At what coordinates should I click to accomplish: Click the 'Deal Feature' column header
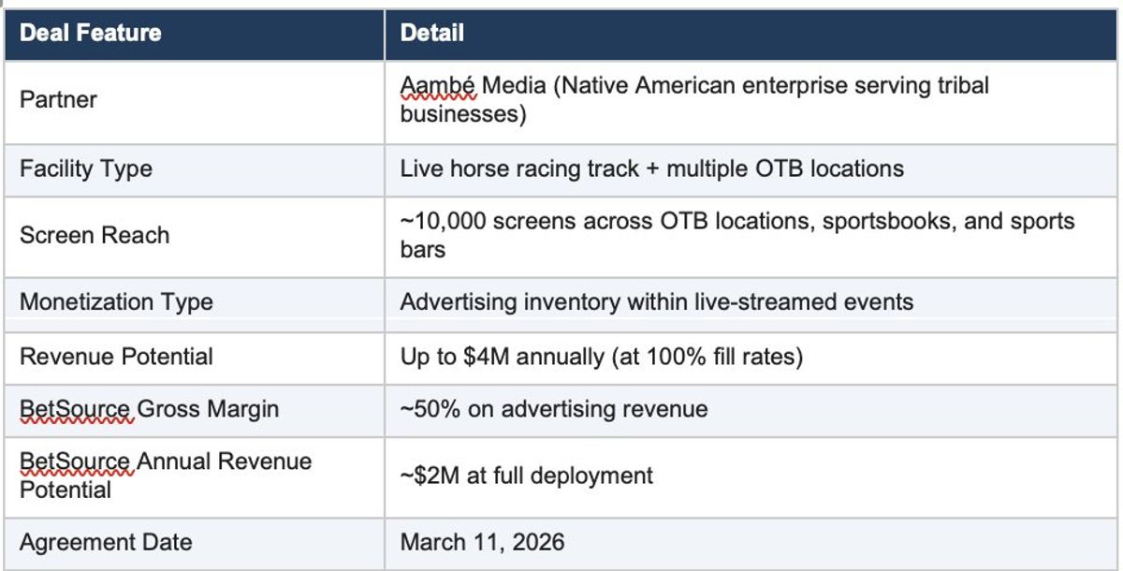click(x=90, y=33)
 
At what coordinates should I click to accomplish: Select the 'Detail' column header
click(x=431, y=33)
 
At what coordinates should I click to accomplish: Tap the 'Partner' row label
click(x=58, y=99)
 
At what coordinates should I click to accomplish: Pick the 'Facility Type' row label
click(x=86, y=169)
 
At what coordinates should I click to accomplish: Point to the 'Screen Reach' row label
click(x=95, y=235)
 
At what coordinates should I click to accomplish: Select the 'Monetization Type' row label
click(x=116, y=302)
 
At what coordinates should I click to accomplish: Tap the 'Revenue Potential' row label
click(x=116, y=357)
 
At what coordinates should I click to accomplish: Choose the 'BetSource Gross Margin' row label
click(x=149, y=409)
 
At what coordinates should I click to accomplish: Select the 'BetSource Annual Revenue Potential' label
click(x=166, y=475)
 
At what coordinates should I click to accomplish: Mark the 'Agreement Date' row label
click(x=106, y=542)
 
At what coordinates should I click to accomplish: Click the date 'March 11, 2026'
click(x=482, y=542)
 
